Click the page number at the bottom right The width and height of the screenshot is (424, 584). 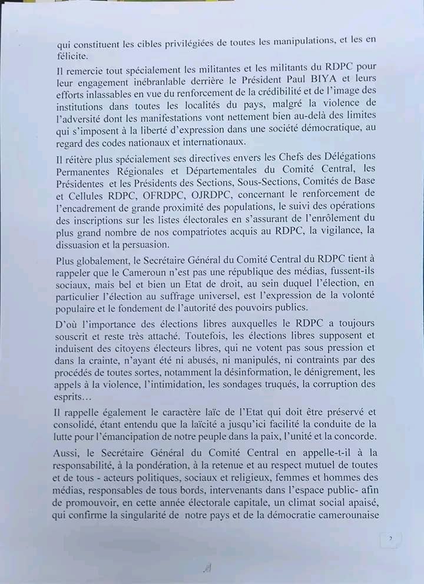390,539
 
